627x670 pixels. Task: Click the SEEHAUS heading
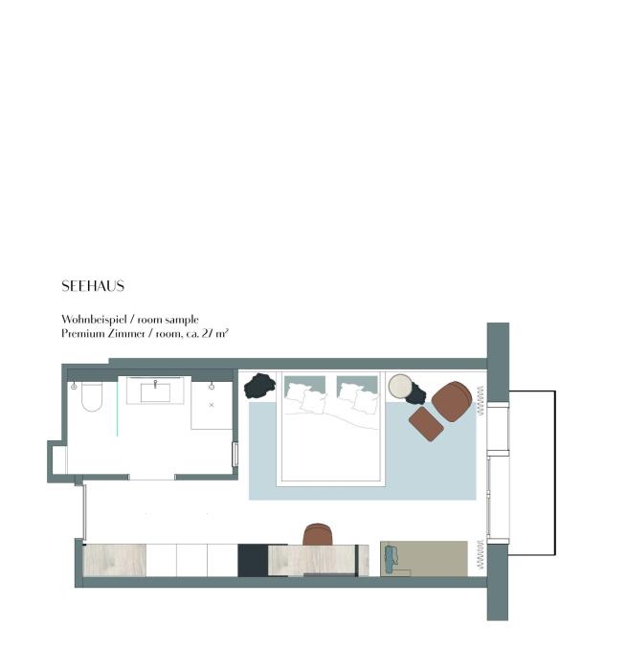(93, 286)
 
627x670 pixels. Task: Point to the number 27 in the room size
(207, 333)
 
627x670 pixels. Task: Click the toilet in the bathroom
(92, 397)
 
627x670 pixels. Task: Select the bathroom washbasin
(156, 391)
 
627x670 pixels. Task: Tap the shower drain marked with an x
(212, 405)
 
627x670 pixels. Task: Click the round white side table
(400, 387)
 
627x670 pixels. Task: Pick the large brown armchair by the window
(452, 401)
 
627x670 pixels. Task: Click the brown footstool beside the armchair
(426, 423)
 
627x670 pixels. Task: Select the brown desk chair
(318, 534)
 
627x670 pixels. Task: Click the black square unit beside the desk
(253, 560)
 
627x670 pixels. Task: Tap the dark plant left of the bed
(259, 386)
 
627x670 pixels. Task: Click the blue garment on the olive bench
(391, 559)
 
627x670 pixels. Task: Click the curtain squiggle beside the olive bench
(481, 554)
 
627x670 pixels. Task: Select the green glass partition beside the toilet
(117, 409)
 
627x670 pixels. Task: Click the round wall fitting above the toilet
(74, 387)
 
